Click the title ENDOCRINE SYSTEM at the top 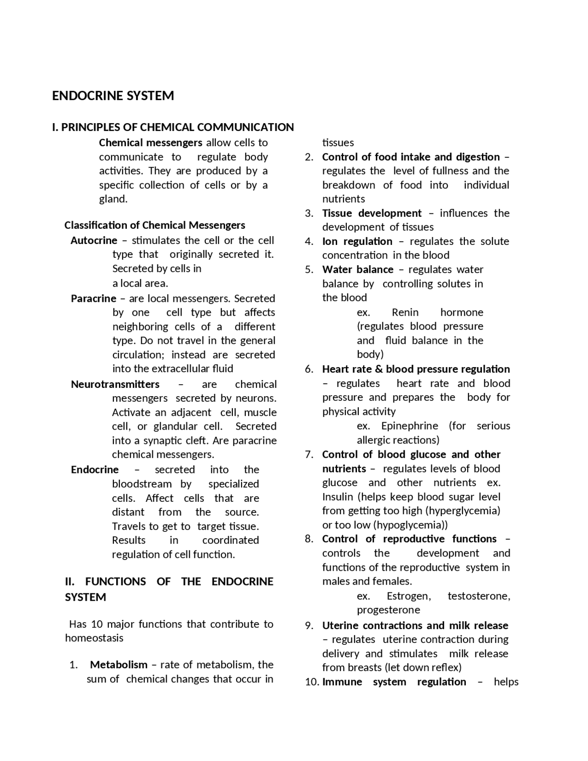click(113, 96)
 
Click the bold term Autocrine click(94, 240)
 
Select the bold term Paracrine click(93, 298)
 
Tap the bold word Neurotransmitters click(115, 384)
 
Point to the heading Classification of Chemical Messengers click(154, 225)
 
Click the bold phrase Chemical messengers click(150, 142)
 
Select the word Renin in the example click(405, 312)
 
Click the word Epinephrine click(409, 426)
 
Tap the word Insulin click(338, 497)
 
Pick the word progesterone click(388, 610)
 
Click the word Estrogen click(408, 596)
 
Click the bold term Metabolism click(119, 664)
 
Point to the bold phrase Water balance click(357, 269)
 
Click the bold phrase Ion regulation click(357, 241)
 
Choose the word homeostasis click(94, 638)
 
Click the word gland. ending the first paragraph click(113, 199)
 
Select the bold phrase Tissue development click(371, 213)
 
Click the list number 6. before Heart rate click(309, 369)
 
